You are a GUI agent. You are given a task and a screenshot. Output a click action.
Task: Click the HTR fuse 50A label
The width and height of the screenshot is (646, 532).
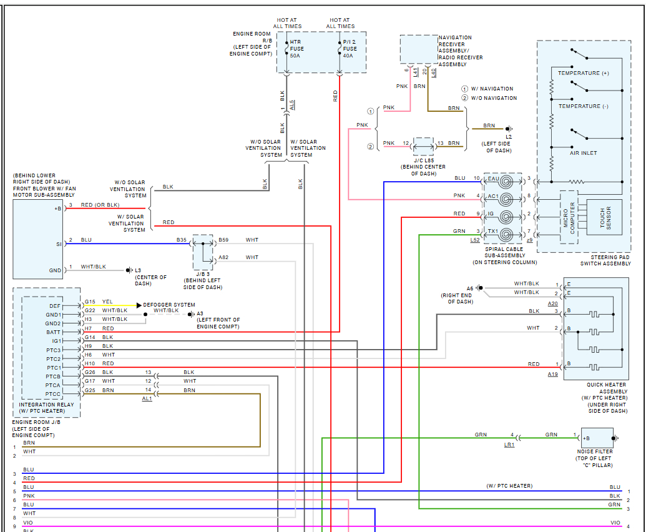296,49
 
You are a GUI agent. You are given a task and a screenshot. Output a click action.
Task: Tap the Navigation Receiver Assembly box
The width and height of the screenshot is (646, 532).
418,49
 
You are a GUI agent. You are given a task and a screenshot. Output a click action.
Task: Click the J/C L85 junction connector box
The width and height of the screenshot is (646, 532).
424,146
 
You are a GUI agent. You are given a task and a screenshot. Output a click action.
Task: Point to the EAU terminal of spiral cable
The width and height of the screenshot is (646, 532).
493,179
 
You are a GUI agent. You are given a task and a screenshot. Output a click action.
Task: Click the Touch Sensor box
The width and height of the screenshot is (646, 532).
604,217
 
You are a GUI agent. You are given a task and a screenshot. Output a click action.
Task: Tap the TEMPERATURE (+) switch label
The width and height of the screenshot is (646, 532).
583,74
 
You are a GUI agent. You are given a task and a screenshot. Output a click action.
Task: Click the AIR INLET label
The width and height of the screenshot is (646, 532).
584,153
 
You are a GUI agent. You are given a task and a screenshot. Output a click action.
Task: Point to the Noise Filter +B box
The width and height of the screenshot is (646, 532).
595,438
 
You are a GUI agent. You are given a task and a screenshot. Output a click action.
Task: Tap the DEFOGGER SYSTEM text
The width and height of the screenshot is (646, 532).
169,305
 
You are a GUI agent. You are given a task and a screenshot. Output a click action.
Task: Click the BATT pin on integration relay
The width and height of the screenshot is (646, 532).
54,332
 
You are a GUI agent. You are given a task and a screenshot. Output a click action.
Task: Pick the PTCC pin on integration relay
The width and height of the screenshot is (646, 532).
53,394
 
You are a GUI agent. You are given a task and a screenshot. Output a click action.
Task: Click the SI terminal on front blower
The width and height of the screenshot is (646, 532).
59,244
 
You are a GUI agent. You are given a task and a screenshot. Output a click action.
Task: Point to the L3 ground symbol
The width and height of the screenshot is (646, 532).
129,270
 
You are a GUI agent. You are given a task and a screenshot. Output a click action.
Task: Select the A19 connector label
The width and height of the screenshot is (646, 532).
553,374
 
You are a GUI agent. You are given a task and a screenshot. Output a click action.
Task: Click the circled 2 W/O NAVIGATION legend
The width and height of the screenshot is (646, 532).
489,98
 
